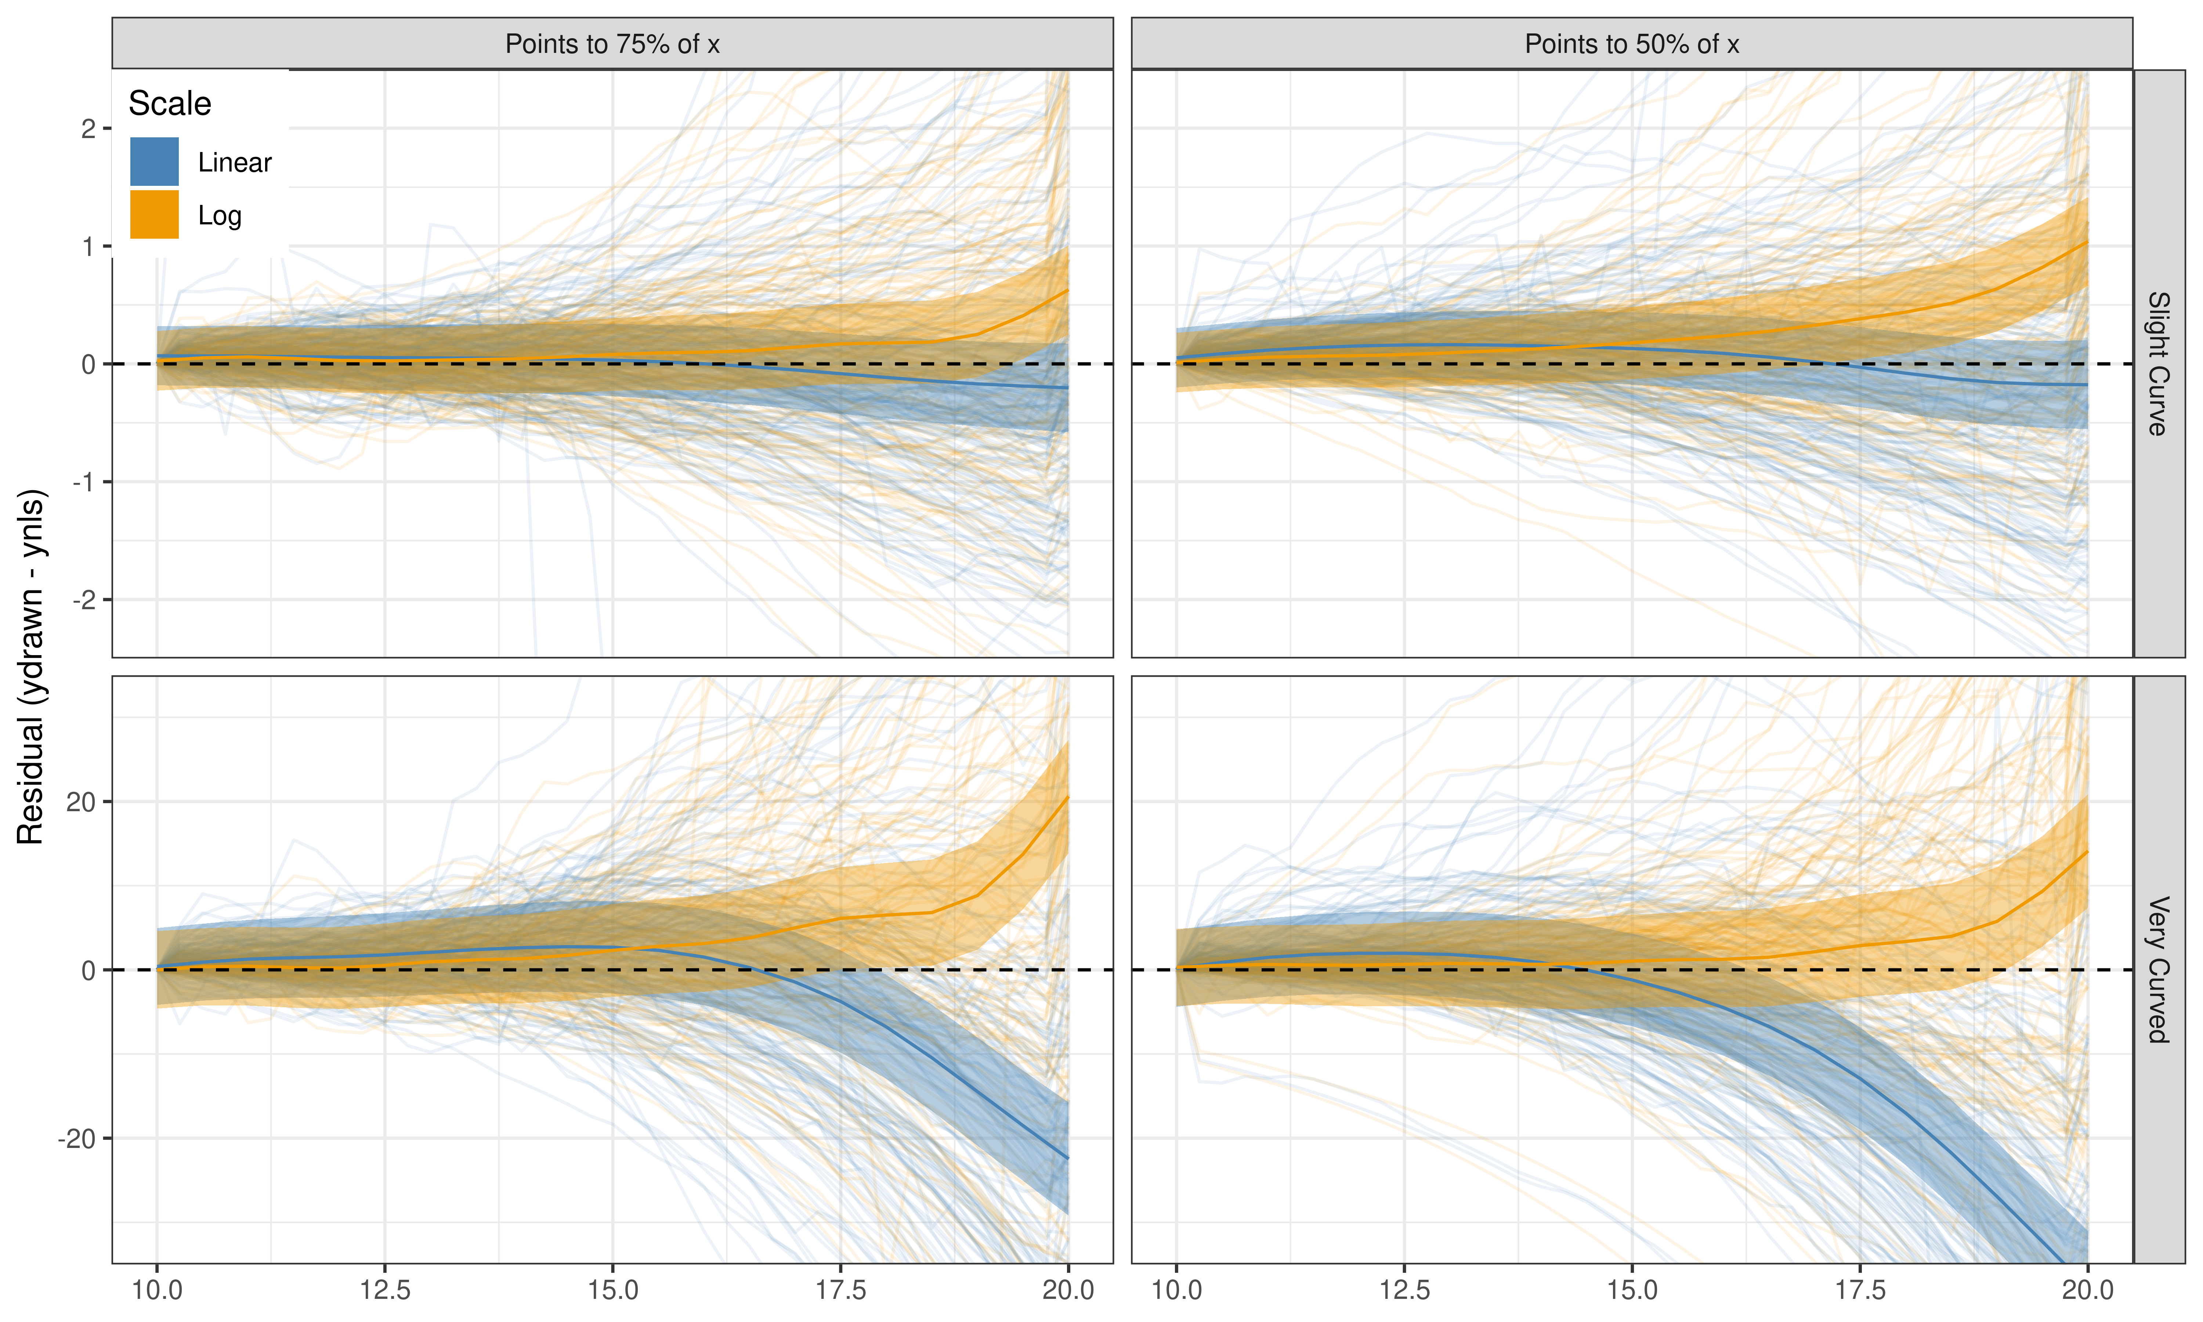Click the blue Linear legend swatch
click(154, 161)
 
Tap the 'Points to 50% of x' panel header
click(1631, 44)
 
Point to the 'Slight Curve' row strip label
click(2159, 364)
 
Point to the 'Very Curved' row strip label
click(2159, 969)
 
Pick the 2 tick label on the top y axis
click(88, 129)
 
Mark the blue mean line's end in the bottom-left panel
click(1068, 1158)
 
